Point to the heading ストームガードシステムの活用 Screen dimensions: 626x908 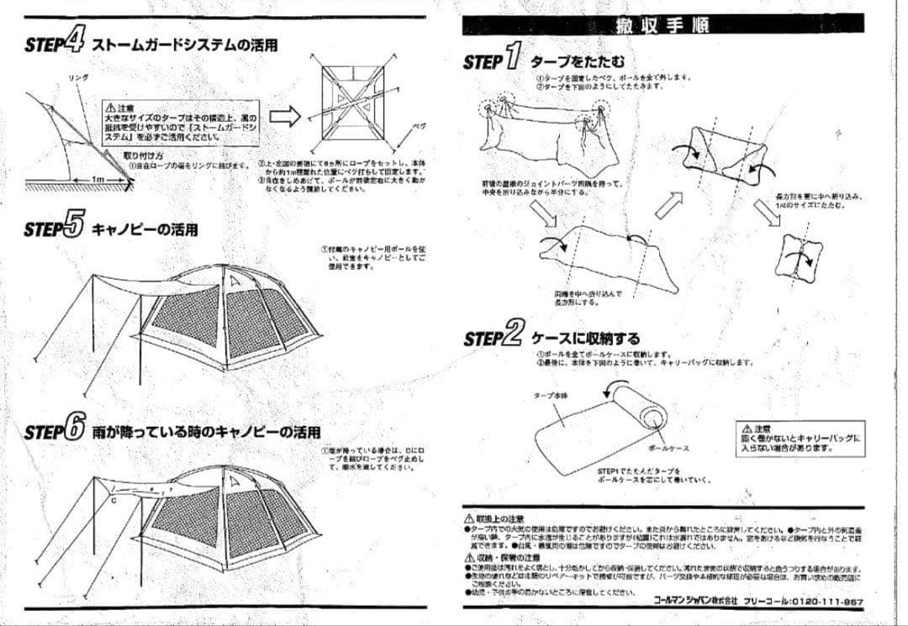point(184,45)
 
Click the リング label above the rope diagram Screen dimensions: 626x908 point(78,77)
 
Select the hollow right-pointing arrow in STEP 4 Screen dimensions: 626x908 point(284,116)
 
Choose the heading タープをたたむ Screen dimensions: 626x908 point(578,61)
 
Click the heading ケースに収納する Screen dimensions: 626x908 point(585,339)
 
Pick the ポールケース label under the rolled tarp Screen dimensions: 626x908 point(669,448)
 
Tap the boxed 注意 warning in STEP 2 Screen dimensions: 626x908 point(799,437)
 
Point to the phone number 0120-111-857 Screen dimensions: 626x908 point(827,601)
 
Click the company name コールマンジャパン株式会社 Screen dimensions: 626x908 point(695,601)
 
